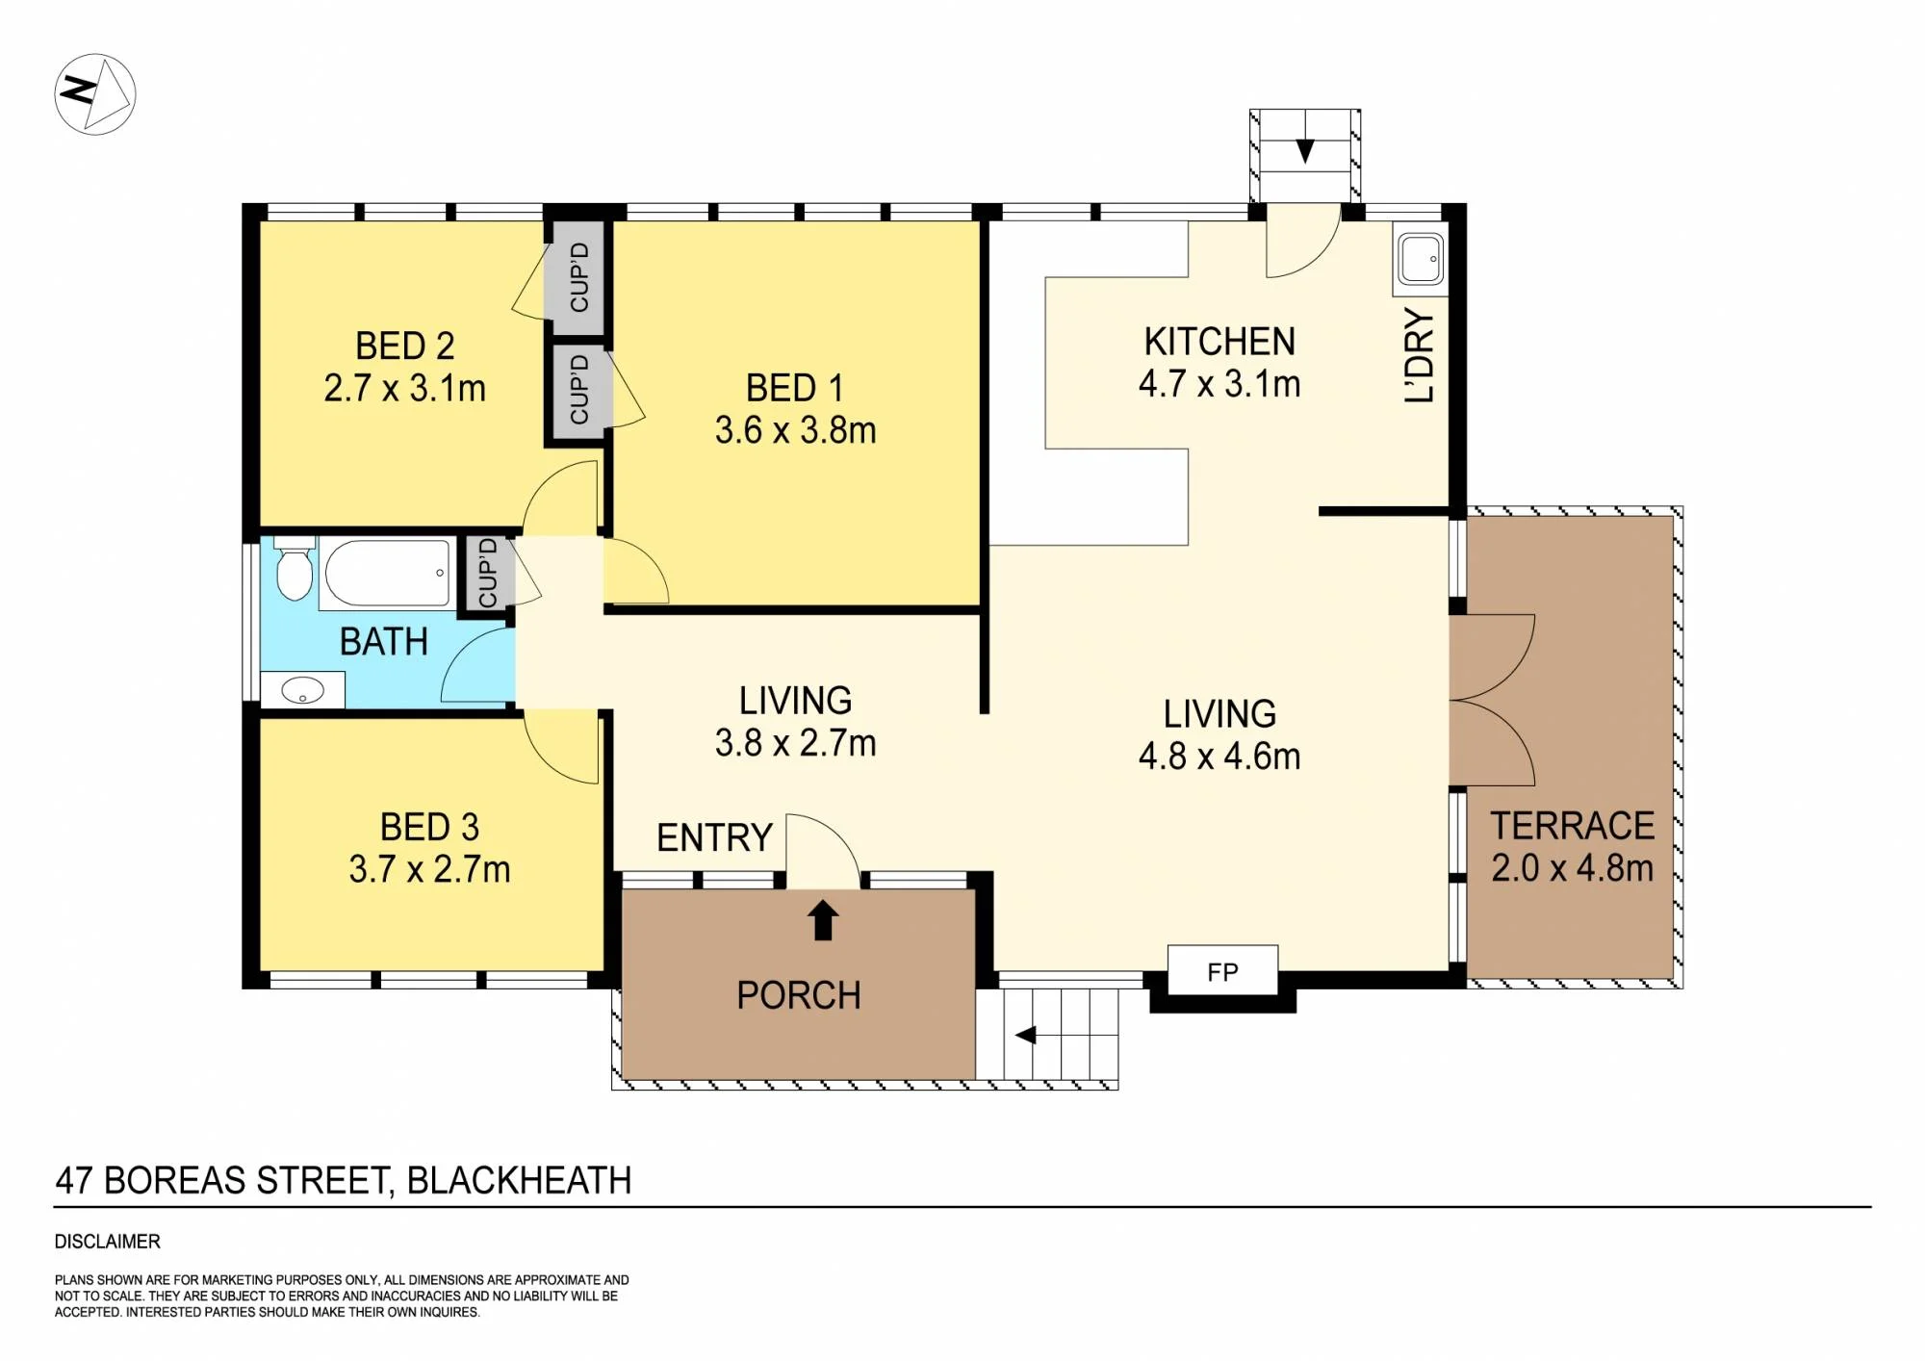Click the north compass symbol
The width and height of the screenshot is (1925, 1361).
[94, 94]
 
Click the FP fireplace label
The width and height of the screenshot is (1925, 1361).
[1222, 972]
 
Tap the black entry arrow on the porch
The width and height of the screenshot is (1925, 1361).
[822, 919]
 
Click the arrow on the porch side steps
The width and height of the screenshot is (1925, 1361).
[1026, 1036]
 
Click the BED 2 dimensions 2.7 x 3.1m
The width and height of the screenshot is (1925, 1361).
[404, 389]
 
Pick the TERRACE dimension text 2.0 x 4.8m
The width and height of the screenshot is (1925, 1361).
[1572, 868]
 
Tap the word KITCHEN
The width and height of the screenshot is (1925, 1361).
[1219, 342]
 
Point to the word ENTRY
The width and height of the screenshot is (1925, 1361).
[714, 837]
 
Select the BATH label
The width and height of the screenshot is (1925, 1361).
[384, 642]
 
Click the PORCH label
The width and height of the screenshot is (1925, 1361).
[799, 995]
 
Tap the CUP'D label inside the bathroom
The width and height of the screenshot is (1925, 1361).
[488, 573]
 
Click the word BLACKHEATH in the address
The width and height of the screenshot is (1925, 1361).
[520, 1180]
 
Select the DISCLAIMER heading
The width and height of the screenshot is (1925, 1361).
[108, 1242]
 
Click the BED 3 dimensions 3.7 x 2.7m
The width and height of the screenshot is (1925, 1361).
[429, 870]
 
